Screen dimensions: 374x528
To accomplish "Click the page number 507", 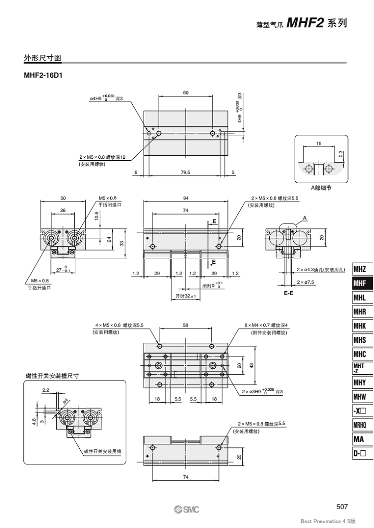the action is tap(342, 507).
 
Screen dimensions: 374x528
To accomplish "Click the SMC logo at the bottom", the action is tap(187, 510).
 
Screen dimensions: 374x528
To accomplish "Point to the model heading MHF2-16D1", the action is tap(43, 75).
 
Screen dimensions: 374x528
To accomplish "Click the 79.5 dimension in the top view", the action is tap(186, 172).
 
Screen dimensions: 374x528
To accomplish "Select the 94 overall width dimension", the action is tap(186, 198).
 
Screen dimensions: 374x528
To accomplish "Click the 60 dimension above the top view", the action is tap(186, 93).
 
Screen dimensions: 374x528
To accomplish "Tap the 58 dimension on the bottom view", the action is tap(186, 325).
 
